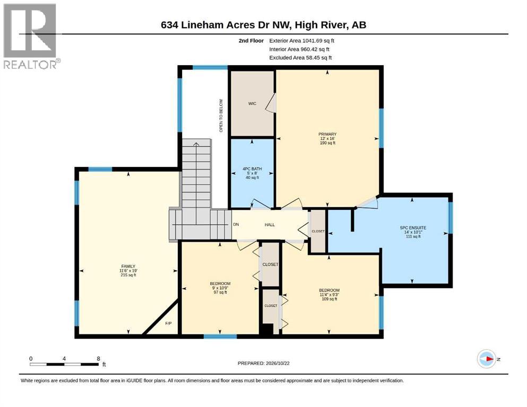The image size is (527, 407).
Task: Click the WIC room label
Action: pyautogui.click(x=252, y=103)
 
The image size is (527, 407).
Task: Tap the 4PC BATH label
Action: pyautogui.click(x=252, y=169)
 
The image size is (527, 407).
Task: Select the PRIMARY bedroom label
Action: pyautogui.click(x=327, y=134)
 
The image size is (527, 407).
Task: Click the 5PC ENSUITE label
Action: pyautogui.click(x=413, y=227)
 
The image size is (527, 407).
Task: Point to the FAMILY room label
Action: pyautogui.click(x=128, y=266)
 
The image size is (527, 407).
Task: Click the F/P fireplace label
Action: pyautogui.click(x=168, y=323)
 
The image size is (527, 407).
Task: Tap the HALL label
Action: pyautogui.click(x=270, y=225)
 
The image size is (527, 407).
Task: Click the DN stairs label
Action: pyautogui.click(x=236, y=225)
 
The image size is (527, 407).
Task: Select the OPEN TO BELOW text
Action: pyautogui.click(x=221, y=116)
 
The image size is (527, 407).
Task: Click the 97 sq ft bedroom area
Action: pyautogui.click(x=220, y=292)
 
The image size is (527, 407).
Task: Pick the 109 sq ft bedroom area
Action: pyautogui.click(x=329, y=299)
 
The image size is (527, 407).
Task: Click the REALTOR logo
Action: pyautogui.click(x=30, y=36)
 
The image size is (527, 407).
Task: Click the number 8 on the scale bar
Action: pyautogui.click(x=98, y=358)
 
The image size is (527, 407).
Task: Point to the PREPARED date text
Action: pyautogui.click(x=263, y=363)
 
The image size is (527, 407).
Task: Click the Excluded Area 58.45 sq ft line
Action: pyautogui.click(x=300, y=58)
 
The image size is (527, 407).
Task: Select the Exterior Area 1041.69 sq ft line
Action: pyautogui.click(x=301, y=41)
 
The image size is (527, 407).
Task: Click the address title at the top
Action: pyautogui.click(x=263, y=25)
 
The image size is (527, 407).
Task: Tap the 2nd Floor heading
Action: pyautogui.click(x=251, y=41)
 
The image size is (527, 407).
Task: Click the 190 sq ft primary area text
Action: pyautogui.click(x=327, y=143)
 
